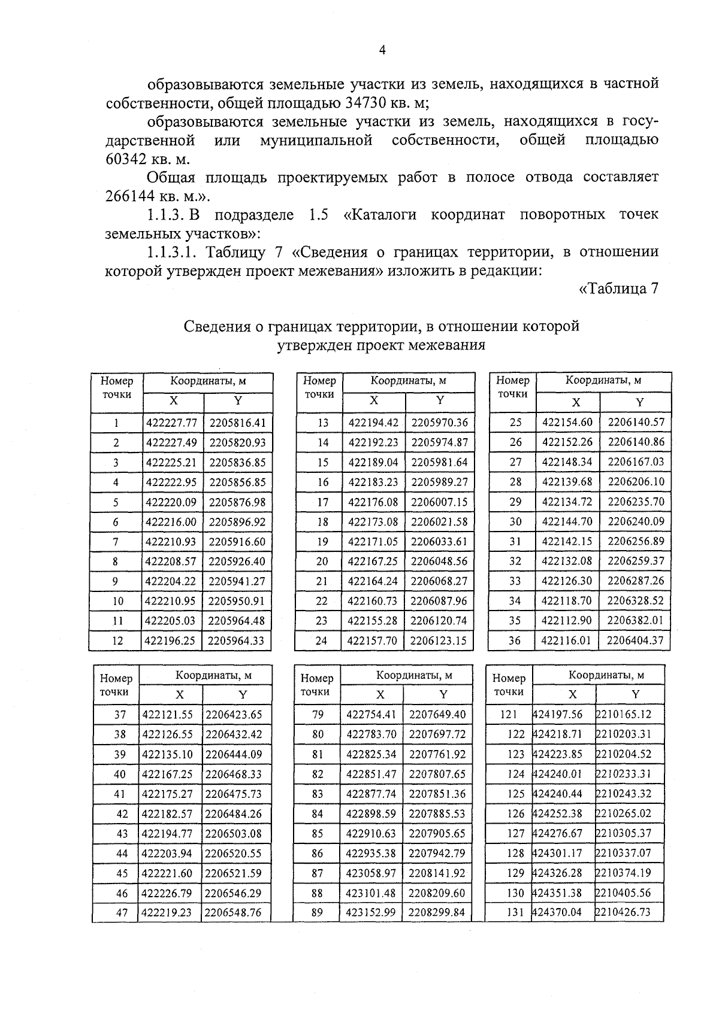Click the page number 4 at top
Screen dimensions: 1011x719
[x=382, y=50]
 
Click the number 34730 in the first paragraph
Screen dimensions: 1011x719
[x=368, y=102]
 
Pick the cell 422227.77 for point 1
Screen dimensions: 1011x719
[x=171, y=423]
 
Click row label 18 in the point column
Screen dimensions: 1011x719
[x=322, y=521]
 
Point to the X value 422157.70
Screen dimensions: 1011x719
[x=373, y=640]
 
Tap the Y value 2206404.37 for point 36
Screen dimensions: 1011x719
[x=635, y=640]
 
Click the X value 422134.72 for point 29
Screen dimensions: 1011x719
[x=567, y=502]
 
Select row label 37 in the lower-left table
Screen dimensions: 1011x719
[x=120, y=715]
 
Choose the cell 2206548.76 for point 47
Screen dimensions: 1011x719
[x=233, y=913]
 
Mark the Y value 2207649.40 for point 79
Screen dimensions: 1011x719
[x=437, y=715]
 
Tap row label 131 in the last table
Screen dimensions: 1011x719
[x=515, y=913]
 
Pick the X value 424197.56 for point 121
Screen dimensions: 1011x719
[x=557, y=715]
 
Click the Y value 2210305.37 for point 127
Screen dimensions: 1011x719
[x=623, y=833]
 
